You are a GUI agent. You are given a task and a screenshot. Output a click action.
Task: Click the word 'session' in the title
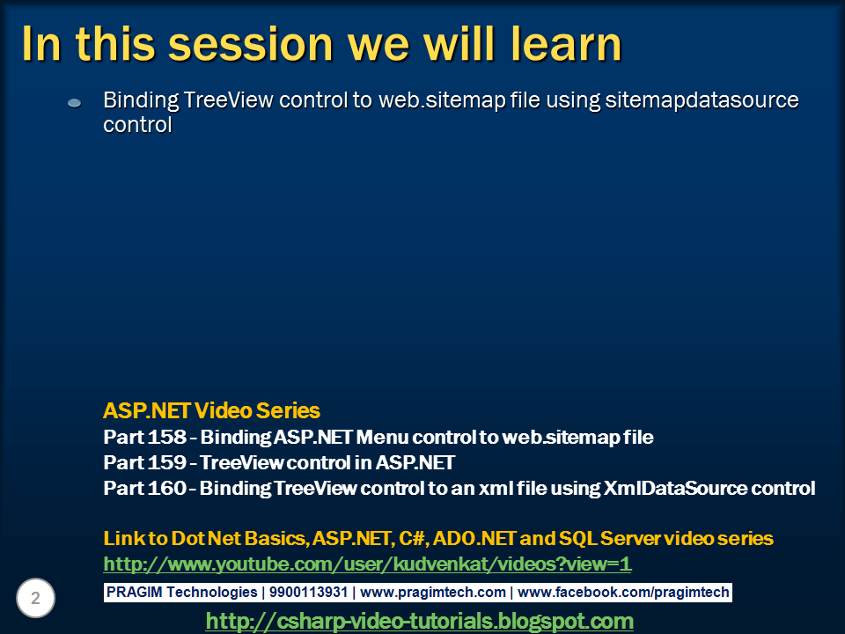252,43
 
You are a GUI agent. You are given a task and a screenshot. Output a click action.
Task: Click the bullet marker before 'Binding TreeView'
75,103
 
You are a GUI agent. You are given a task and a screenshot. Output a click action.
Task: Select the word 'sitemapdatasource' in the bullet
702,100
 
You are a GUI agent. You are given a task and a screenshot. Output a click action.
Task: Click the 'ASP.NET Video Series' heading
211,410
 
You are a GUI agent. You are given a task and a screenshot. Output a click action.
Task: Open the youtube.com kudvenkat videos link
367,564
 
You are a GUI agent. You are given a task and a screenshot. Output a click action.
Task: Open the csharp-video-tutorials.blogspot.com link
419,621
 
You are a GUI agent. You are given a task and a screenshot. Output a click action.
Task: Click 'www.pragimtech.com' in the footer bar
433,593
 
